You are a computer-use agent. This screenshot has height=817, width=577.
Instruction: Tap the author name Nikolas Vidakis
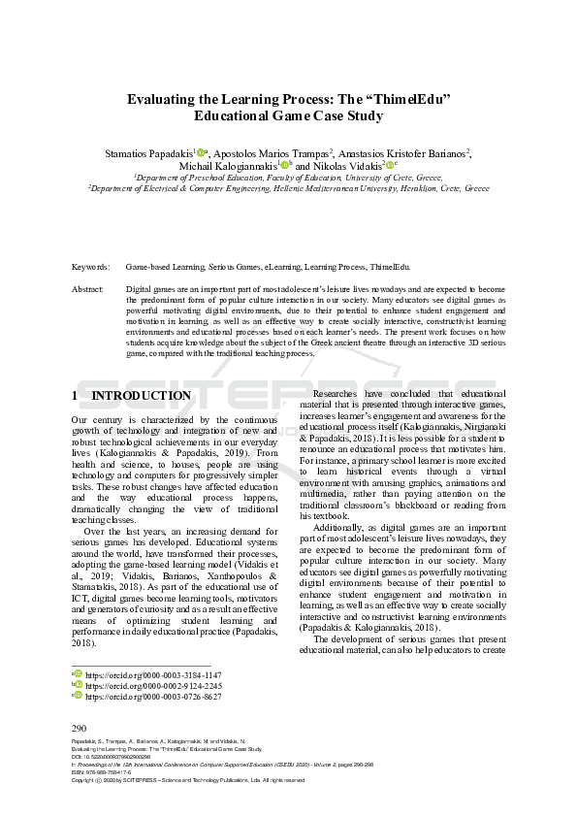(x=346, y=166)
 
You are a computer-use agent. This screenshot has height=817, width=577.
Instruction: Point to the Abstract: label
(x=88, y=289)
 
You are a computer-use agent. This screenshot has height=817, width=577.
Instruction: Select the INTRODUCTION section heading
(x=141, y=396)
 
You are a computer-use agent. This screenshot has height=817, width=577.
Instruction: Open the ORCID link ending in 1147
(x=153, y=674)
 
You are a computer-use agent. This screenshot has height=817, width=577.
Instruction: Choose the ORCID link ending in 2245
(x=153, y=685)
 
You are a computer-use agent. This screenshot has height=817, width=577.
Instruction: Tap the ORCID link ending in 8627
(x=153, y=697)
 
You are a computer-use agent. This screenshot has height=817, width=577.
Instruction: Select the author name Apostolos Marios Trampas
(x=272, y=153)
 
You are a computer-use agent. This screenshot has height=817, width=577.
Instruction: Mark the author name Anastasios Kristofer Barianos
(x=407, y=153)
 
